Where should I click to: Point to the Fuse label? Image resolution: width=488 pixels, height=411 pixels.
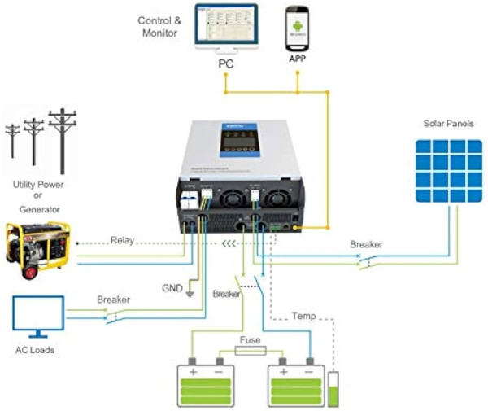[251, 339]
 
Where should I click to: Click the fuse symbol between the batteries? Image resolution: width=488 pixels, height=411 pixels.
[251, 352]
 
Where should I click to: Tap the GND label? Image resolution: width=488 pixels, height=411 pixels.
[172, 288]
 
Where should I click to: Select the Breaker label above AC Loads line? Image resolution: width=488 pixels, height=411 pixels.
[113, 300]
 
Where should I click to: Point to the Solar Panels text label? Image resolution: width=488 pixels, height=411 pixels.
[448, 124]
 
